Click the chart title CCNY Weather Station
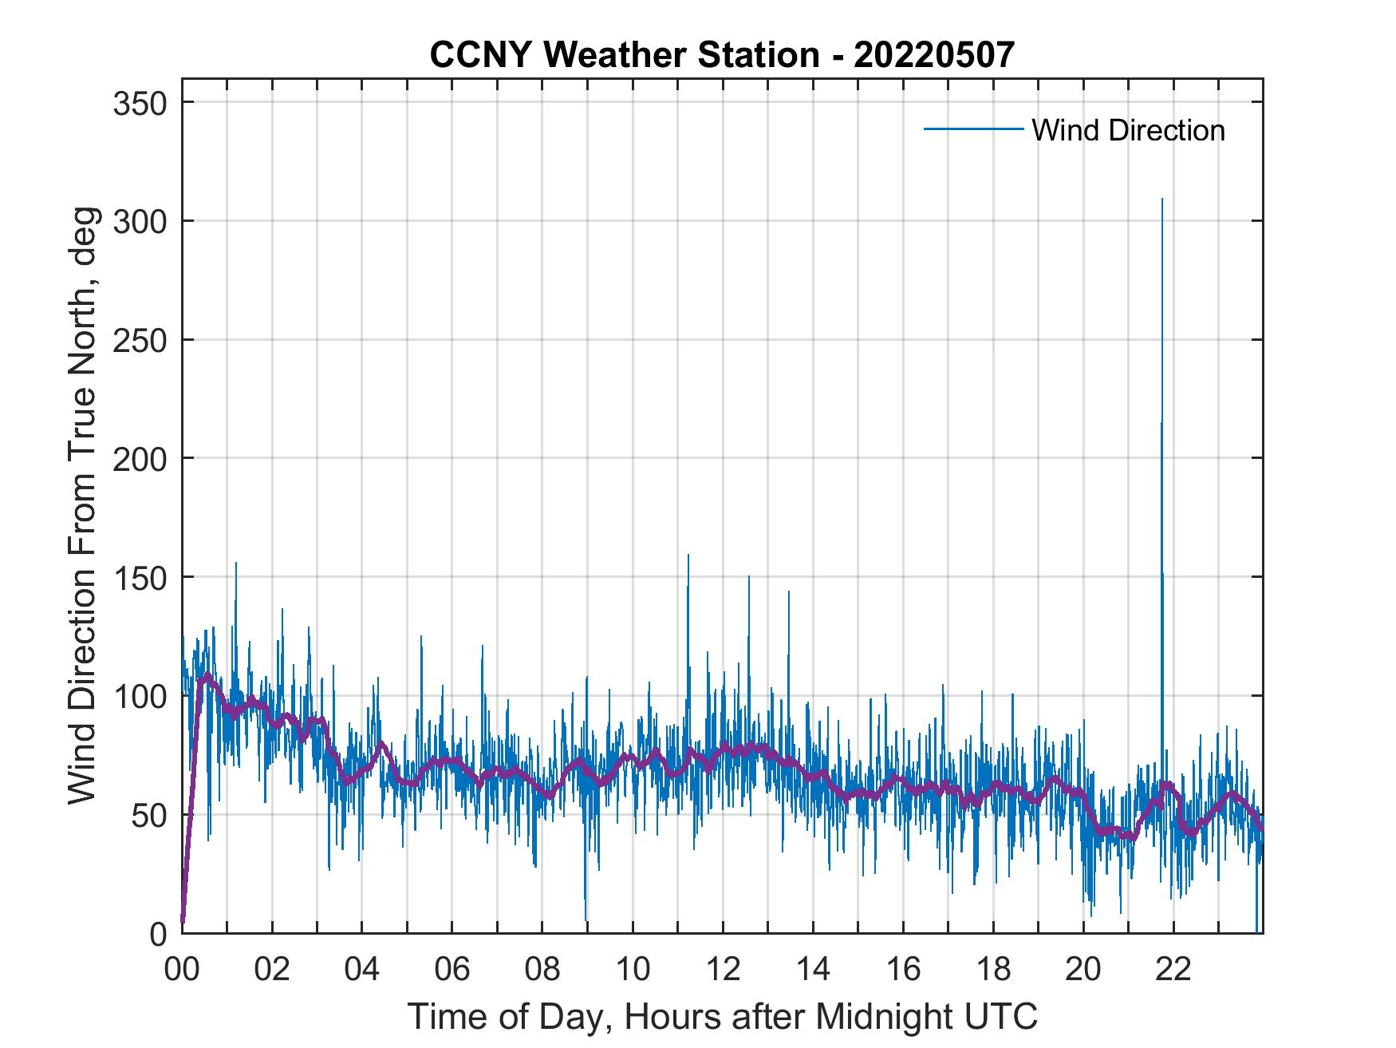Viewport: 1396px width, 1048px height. pos(722,54)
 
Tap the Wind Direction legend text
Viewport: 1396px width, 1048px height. pos(1128,130)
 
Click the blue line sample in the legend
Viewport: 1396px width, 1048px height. pos(973,129)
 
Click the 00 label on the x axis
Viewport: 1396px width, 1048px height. pos(182,970)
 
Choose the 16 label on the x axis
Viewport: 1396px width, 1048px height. pos(903,970)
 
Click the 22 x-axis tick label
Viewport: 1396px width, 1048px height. pos(1173,970)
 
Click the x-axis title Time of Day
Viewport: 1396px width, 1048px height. pos(722,1016)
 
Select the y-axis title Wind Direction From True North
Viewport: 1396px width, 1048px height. pos(82,505)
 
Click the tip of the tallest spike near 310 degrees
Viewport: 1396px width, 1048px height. pos(1161,200)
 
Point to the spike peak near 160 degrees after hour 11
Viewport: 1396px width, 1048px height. pos(688,555)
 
